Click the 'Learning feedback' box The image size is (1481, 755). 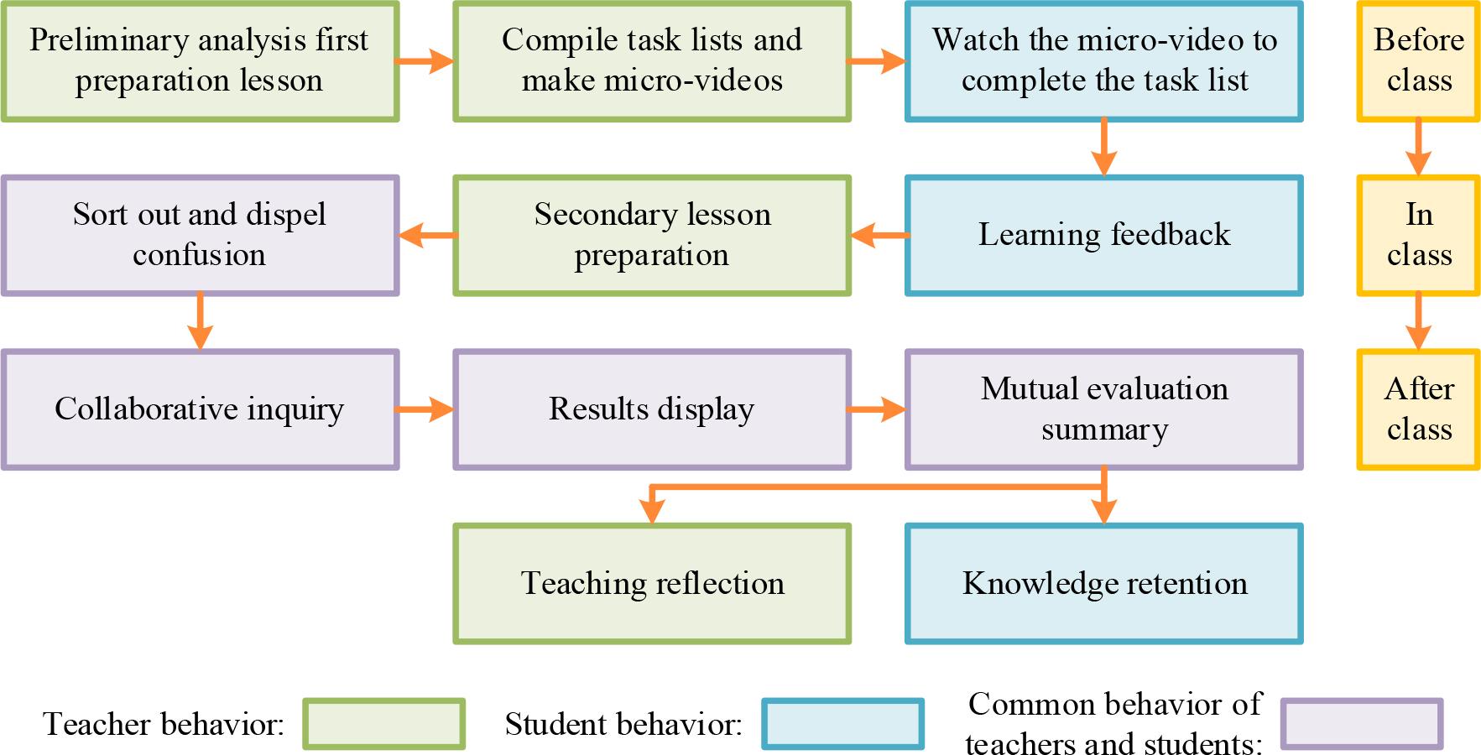click(x=1103, y=235)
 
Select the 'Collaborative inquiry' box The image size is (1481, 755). click(x=200, y=409)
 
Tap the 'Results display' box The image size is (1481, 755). click(x=652, y=409)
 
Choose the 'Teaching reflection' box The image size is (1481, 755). click(x=652, y=584)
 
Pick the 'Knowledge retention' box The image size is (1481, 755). click(x=1103, y=584)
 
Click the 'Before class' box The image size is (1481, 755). click(x=1418, y=61)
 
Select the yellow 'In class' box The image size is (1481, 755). click(x=1418, y=235)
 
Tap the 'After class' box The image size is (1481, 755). click(x=1418, y=409)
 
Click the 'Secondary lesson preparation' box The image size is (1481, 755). click(x=652, y=235)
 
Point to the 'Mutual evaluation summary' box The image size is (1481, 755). click(x=1103, y=409)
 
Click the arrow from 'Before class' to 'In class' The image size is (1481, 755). click(x=1418, y=148)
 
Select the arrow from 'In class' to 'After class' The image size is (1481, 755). click(x=1418, y=322)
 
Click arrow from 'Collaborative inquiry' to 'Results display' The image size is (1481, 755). click(x=425, y=409)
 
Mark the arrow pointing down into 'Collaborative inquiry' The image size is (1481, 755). click(x=200, y=322)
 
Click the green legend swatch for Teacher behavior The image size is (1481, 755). click(x=383, y=723)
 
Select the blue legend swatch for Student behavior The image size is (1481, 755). click(x=842, y=723)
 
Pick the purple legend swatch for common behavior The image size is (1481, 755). click(x=1361, y=723)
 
